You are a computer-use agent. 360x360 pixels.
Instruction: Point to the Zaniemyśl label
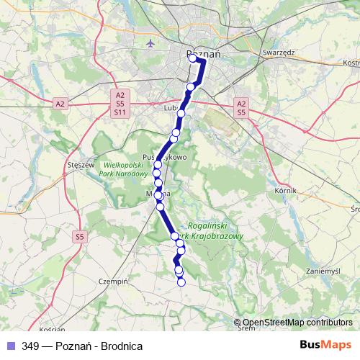click(322, 271)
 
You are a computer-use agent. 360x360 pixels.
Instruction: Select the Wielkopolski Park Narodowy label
click(117, 168)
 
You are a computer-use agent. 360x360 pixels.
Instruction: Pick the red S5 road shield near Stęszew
click(79, 235)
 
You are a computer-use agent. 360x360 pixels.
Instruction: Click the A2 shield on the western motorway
click(60, 104)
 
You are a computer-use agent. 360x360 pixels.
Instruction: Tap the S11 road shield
click(120, 113)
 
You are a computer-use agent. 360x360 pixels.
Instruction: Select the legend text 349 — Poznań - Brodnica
click(82, 346)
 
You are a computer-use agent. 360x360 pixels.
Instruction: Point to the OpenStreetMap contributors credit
click(297, 323)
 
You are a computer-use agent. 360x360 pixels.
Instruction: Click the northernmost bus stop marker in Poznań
click(192, 59)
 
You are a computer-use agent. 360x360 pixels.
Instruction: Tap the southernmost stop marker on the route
click(181, 282)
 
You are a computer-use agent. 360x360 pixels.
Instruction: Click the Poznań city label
click(203, 53)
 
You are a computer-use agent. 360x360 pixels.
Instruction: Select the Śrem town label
click(246, 328)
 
